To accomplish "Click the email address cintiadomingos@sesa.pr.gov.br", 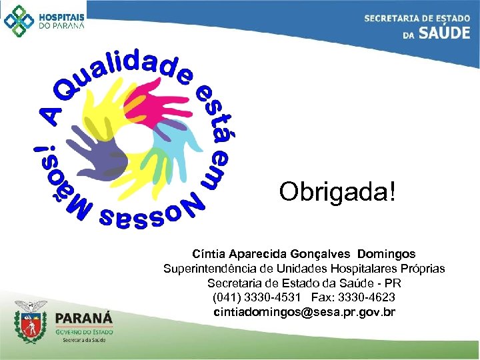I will coord(304,311).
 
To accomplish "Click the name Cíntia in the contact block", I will coord(208,254).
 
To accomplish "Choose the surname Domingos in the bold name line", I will coord(386,254).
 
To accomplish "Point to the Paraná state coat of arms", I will coord(31,321).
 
